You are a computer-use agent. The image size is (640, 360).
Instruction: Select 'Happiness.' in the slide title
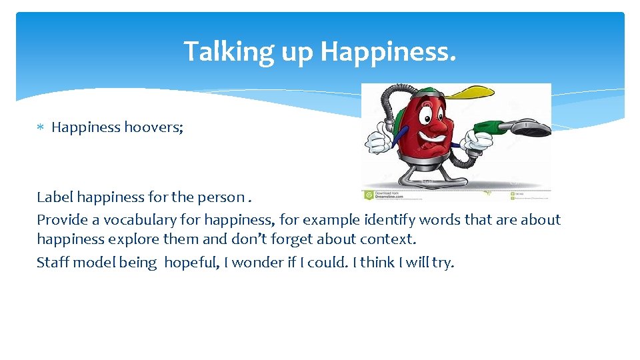(x=389, y=51)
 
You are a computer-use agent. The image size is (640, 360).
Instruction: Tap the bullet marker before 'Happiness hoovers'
(x=41, y=127)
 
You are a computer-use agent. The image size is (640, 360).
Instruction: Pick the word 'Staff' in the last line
(x=53, y=262)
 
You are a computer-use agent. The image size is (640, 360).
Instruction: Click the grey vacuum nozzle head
(x=531, y=128)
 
